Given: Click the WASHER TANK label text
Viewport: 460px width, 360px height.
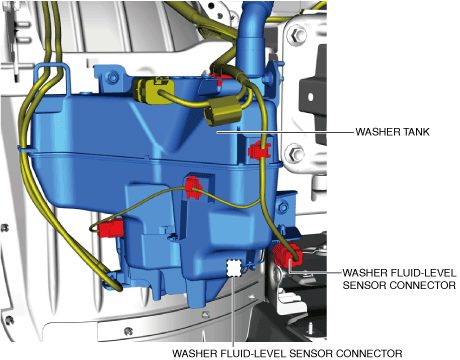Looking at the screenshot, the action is point(392,132).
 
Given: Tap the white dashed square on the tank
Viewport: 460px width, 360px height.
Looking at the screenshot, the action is point(234,268).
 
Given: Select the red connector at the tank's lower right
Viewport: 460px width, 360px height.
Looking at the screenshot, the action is point(287,255).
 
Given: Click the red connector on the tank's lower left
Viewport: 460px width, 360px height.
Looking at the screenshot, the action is point(111,228).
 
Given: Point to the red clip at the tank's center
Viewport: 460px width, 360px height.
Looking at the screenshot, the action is point(194,188).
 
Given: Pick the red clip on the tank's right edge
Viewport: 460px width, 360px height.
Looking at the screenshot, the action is point(259,150).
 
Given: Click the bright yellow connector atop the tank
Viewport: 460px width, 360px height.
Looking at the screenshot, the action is point(154,90).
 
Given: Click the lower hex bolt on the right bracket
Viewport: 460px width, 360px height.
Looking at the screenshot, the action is point(295,154).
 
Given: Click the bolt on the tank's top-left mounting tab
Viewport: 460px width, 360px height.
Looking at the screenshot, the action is point(112,77).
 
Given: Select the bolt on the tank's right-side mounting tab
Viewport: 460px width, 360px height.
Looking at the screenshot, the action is point(283,208).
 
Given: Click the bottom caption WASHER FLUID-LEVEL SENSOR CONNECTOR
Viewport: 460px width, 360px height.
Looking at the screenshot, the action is point(287,353).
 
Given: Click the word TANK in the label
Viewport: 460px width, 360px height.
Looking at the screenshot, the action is point(416,132).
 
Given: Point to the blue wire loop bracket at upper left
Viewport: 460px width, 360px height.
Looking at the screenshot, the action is point(53,78).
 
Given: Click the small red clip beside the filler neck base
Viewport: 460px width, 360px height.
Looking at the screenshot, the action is point(218,78).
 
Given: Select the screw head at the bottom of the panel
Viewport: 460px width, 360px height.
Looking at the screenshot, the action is point(128,331).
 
